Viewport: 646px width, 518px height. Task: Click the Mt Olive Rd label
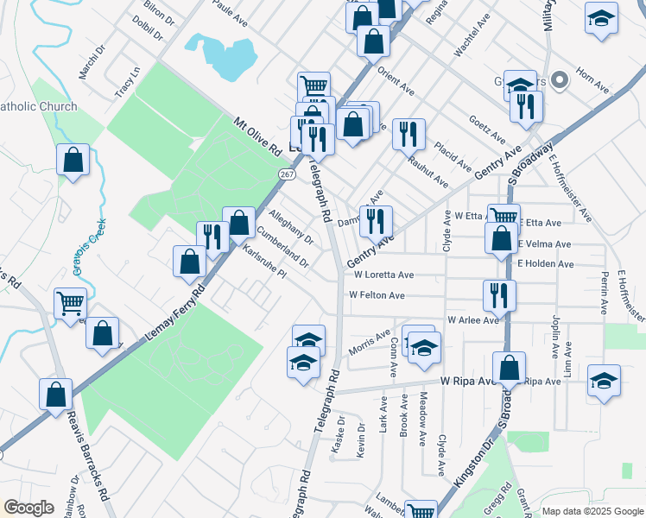click(258, 136)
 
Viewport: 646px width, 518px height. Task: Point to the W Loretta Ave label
click(383, 275)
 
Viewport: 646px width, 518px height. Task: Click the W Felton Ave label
click(377, 295)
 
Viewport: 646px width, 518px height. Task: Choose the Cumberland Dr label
click(282, 246)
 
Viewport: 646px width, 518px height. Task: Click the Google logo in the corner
click(28, 508)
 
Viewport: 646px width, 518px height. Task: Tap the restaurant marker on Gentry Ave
click(376, 221)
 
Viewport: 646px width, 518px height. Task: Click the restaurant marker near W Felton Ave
click(499, 295)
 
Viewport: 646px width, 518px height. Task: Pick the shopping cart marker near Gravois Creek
click(70, 303)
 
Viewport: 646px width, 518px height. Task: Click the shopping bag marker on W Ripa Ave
click(510, 368)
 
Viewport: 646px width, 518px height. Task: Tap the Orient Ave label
click(396, 84)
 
